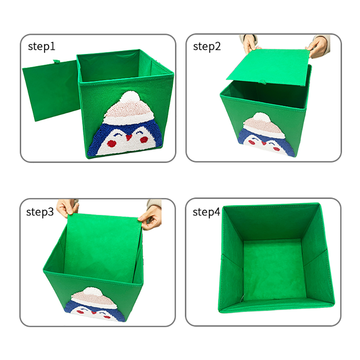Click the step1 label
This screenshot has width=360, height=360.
[41, 46]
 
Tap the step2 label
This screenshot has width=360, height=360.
[207, 47]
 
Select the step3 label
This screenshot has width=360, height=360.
[40, 212]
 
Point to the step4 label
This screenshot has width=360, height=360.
[206, 212]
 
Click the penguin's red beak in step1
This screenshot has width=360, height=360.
[129, 137]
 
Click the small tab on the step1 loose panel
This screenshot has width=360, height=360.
[57, 62]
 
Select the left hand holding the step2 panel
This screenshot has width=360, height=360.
[250, 44]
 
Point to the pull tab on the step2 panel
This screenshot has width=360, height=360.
[262, 82]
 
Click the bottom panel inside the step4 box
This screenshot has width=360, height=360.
[274, 269]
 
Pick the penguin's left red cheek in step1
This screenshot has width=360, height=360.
[112, 144]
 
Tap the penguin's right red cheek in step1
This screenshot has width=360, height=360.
[144, 139]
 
